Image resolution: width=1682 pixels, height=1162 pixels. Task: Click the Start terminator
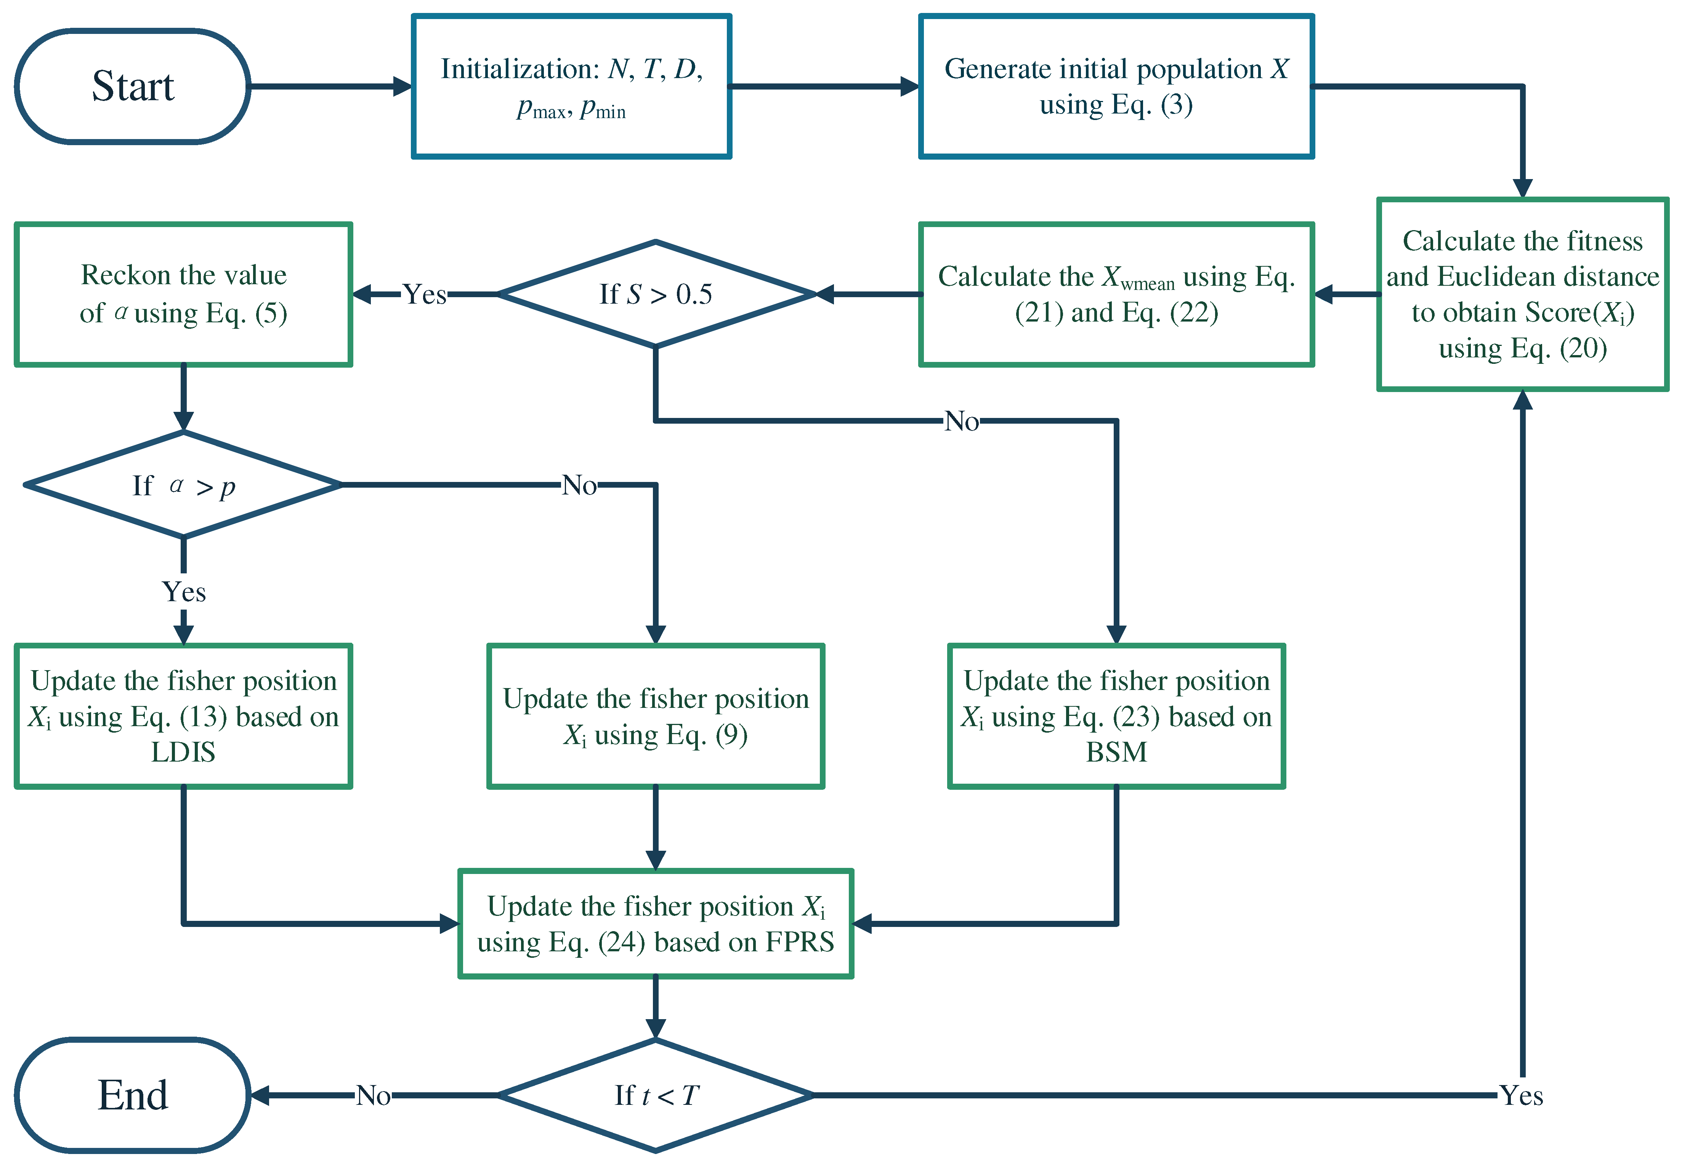coord(133,86)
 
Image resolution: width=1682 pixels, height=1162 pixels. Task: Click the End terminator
coord(133,1095)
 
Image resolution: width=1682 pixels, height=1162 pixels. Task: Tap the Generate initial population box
coord(1116,86)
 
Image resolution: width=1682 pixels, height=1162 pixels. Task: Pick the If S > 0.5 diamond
coord(656,294)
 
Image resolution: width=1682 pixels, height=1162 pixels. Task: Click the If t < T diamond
coord(656,1095)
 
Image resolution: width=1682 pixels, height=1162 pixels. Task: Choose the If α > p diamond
coord(184,485)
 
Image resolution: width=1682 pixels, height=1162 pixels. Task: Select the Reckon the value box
coord(184,294)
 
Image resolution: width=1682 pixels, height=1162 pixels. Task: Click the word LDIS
coord(184,752)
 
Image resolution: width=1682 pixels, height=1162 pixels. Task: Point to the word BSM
coord(1116,752)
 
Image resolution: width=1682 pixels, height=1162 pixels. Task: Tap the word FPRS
coord(800,942)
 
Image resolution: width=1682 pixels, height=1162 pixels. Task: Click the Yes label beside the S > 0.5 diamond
coord(425,294)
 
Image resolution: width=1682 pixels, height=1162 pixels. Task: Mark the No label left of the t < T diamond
coord(373,1095)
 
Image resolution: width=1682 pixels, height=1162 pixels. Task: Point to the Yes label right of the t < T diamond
coord(1521,1095)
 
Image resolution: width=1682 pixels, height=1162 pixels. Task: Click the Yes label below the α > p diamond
coord(184,591)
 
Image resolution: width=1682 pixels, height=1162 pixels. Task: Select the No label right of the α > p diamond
coord(579,485)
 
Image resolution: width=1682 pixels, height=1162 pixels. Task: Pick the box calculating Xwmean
coord(1116,294)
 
